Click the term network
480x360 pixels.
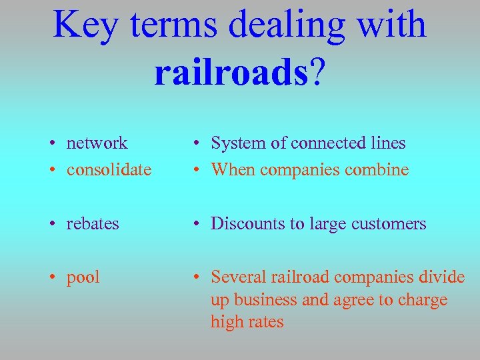97,143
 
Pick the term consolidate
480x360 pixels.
109,169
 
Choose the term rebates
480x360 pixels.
93,223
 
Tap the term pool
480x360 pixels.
83,277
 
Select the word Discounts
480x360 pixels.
247,223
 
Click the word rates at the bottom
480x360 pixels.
265,323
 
